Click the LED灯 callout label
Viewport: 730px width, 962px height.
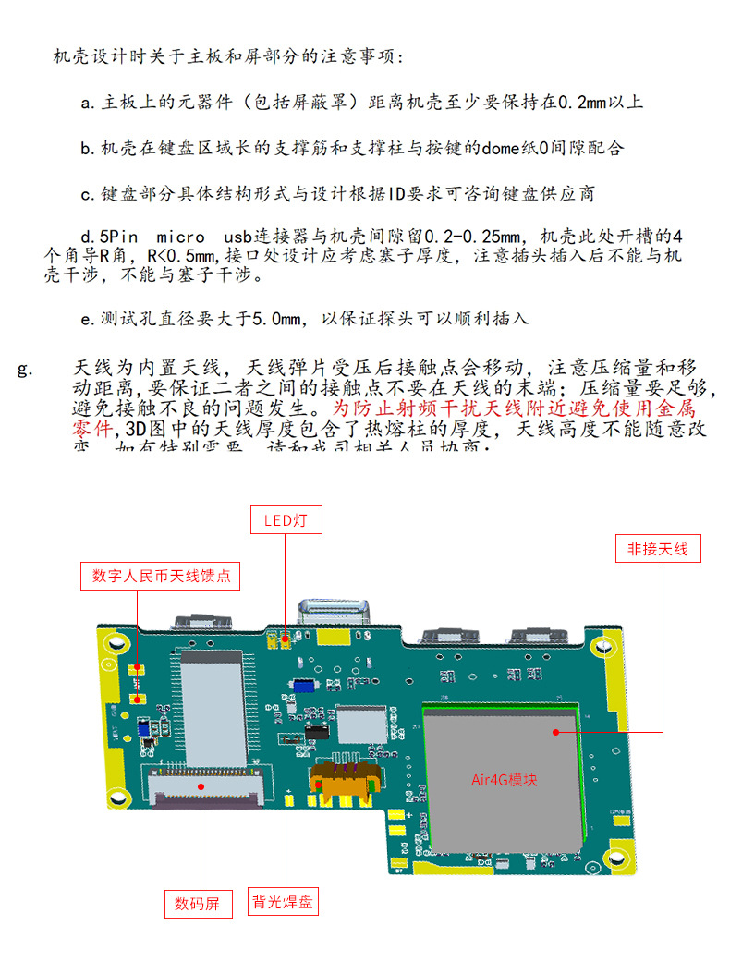click(286, 520)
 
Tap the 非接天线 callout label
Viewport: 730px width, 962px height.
click(657, 549)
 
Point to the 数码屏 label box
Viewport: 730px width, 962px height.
click(197, 903)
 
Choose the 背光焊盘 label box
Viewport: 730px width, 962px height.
click(282, 902)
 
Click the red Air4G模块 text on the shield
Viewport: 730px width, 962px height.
click(504, 780)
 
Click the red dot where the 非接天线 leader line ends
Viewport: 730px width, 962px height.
click(556, 732)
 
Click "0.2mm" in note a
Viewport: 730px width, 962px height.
click(582, 103)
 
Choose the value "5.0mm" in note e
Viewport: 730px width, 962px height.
click(278, 320)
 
